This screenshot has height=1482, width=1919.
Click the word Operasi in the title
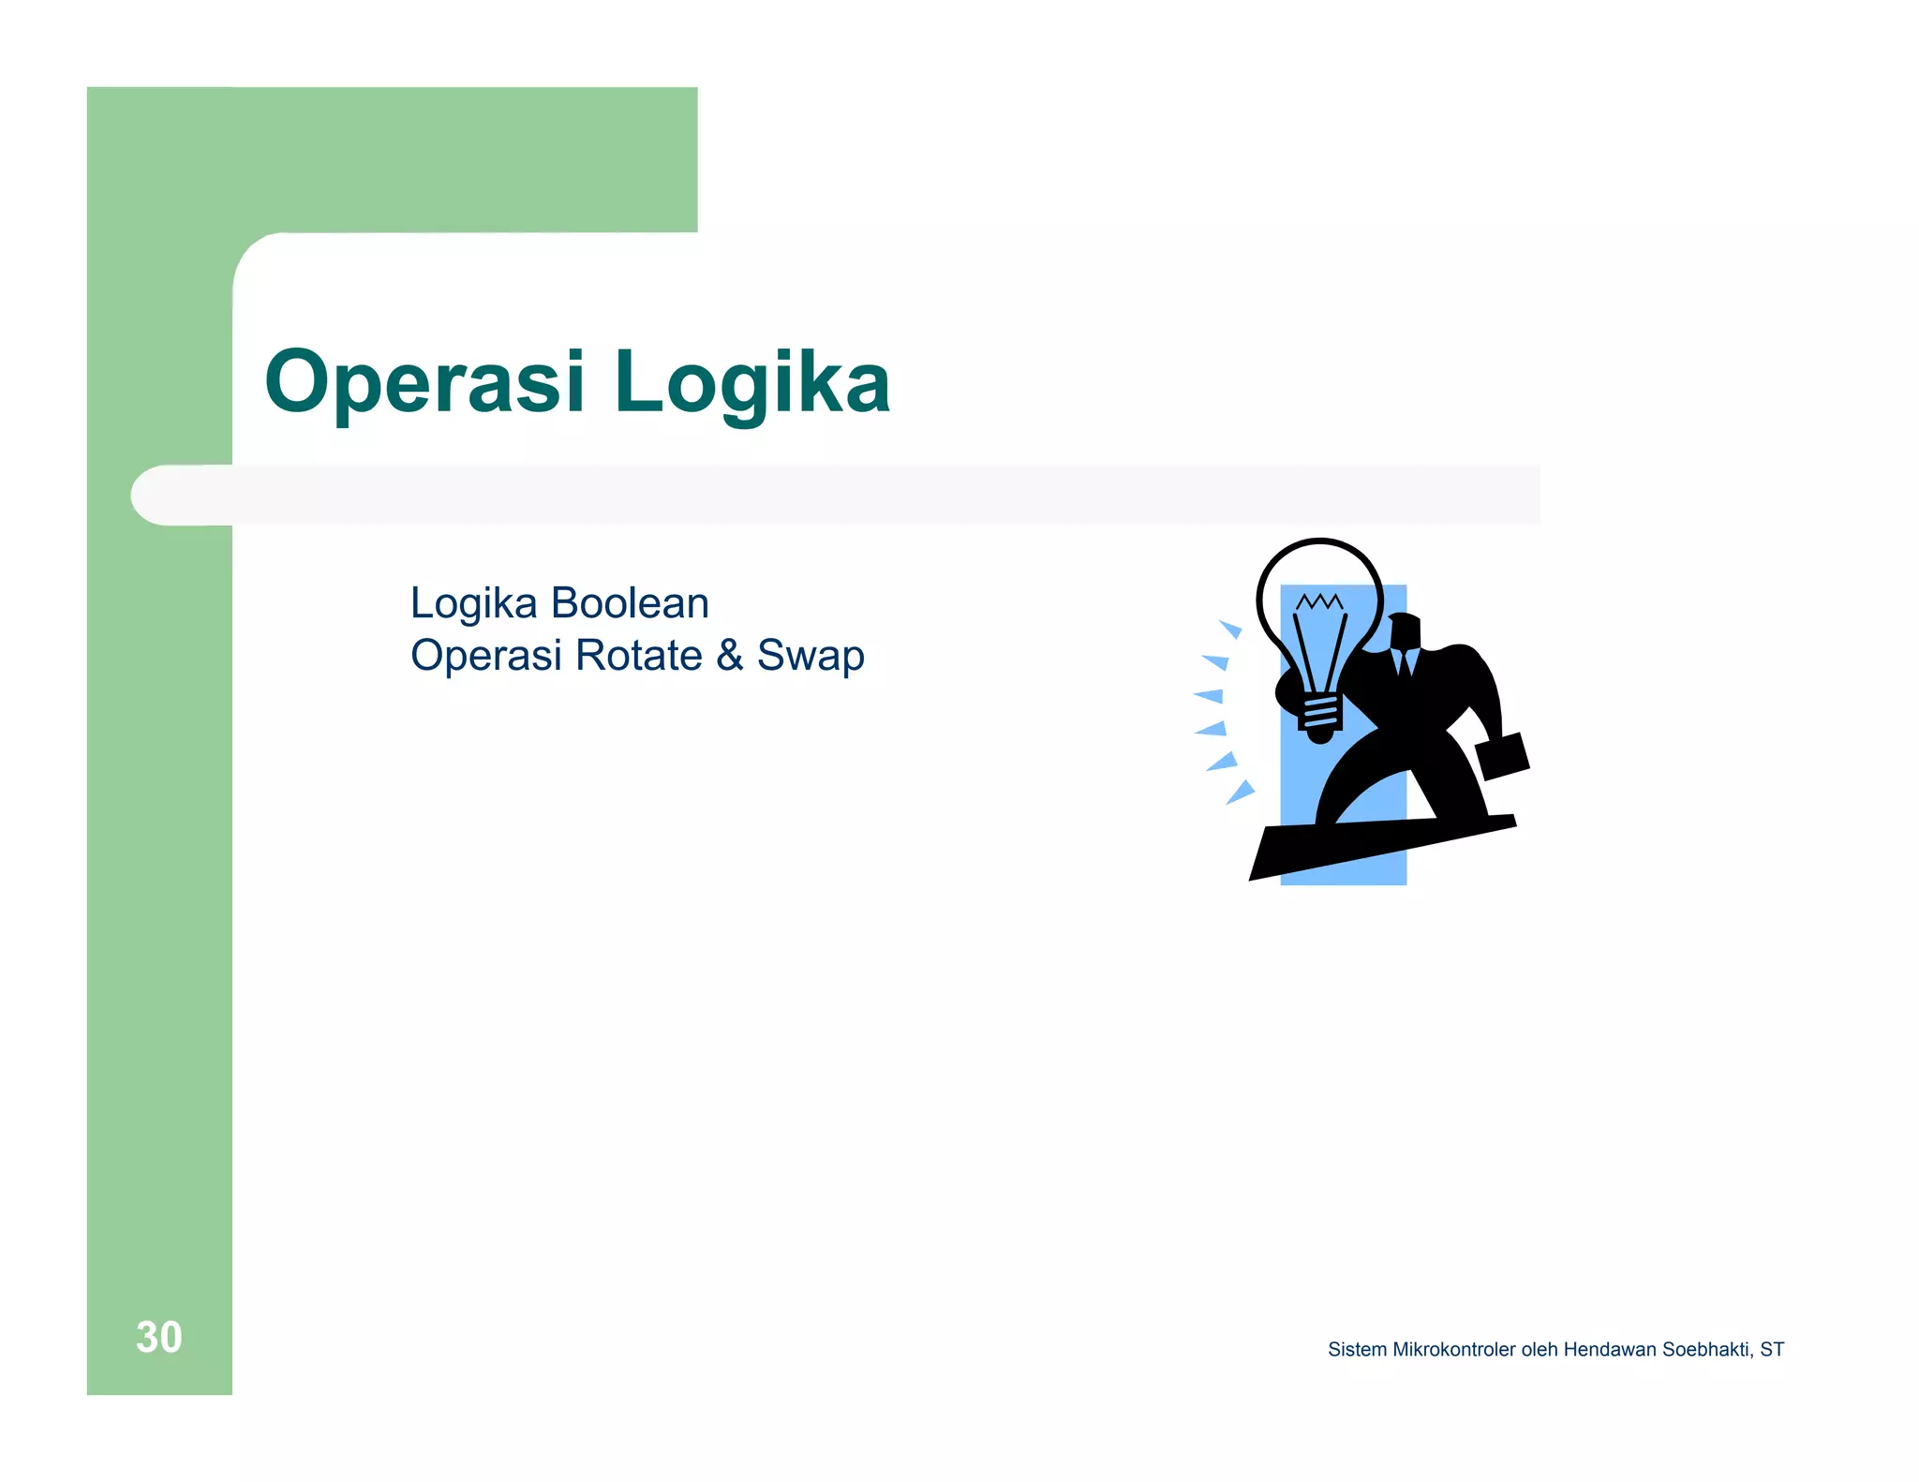tap(424, 382)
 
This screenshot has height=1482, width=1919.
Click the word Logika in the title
tap(751, 382)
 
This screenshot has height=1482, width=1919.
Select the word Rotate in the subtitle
tap(639, 655)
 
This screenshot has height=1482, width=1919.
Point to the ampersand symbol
tap(730, 655)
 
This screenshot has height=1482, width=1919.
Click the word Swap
tap(811, 657)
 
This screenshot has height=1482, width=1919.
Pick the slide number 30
tap(158, 1337)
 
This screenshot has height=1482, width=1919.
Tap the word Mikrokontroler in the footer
tap(1453, 1350)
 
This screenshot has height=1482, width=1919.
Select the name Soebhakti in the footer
tap(1705, 1350)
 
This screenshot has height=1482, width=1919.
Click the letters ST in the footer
tap(1772, 1350)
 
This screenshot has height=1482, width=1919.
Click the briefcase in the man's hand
tap(1502, 756)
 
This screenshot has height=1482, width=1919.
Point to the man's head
tap(1404, 631)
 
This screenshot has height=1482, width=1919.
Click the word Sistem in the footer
tap(1357, 1350)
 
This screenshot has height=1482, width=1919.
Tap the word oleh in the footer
tap(1540, 1350)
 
